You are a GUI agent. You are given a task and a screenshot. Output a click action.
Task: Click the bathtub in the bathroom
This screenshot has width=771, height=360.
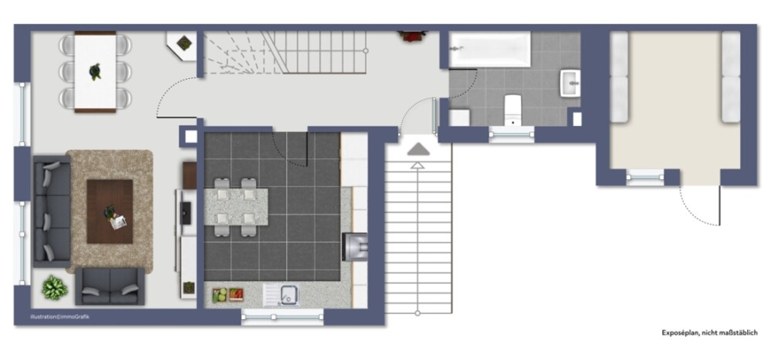(x=490, y=49)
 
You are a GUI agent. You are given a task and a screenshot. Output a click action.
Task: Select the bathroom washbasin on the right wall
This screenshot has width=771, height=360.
(x=571, y=83)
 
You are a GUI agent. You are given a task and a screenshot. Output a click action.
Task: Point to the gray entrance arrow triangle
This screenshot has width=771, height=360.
(x=418, y=149)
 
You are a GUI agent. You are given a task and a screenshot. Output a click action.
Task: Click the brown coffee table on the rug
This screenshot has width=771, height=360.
(x=110, y=212)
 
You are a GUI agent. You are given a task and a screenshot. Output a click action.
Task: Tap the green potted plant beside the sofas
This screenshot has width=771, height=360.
(x=55, y=288)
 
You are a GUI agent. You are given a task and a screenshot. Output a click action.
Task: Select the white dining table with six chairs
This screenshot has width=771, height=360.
(x=95, y=72)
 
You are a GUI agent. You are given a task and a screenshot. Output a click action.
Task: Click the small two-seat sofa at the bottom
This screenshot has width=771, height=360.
(x=111, y=286)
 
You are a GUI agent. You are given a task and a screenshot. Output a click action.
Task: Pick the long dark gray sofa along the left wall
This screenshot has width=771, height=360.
(x=51, y=212)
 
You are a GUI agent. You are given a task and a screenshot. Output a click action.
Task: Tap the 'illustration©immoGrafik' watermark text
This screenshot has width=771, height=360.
(x=60, y=317)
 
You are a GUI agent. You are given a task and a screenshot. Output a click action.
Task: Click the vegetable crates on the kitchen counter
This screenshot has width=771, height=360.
(x=228, y=295)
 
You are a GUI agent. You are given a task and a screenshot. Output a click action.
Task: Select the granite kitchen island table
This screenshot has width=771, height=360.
(x=236, y=207)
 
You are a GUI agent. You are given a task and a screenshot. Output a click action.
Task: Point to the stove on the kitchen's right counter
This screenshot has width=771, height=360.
(x=355, y=246)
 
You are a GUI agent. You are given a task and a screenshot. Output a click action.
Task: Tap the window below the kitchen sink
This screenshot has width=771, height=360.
(x=282, y=317)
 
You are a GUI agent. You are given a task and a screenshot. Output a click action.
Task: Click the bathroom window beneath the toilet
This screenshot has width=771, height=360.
(x=512, y=135)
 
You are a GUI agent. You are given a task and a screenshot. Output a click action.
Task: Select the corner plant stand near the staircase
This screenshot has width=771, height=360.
(x=182, y=45)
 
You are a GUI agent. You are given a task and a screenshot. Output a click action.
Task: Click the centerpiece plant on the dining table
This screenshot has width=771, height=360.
(x=95, y=71)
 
